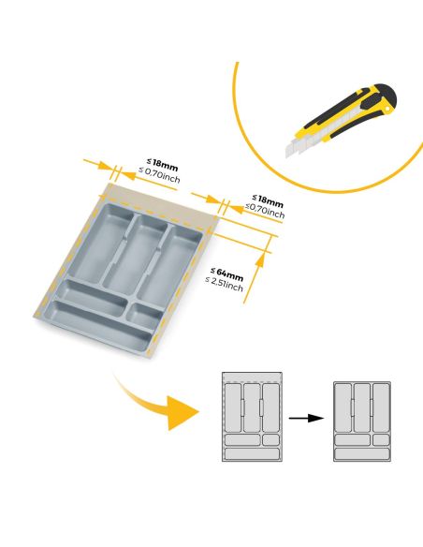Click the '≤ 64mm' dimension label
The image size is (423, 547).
point(227,274)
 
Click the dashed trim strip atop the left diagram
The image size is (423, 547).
point(251,377)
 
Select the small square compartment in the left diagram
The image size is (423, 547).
point(270,439)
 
